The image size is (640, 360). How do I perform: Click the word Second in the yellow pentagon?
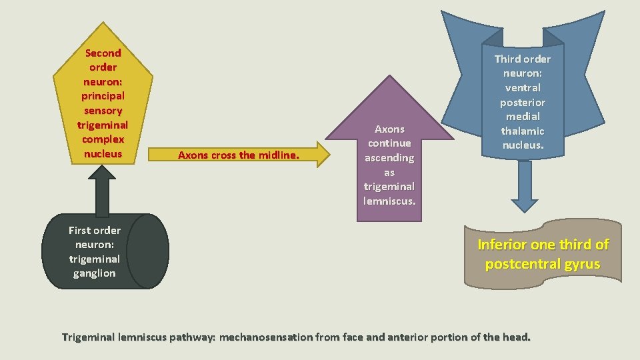103,53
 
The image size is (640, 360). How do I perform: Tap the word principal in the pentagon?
103,96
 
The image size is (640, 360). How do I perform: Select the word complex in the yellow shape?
103,139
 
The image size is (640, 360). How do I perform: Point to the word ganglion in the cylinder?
94,273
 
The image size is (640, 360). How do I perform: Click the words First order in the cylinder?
95,231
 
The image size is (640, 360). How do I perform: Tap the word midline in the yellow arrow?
277,155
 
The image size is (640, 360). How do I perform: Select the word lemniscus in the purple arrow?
389,201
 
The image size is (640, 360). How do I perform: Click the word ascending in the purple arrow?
389,158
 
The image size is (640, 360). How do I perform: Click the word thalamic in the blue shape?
523,131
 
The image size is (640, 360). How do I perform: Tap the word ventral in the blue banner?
523,87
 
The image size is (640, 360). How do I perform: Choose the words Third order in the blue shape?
523,59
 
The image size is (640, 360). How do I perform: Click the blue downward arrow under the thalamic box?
525,187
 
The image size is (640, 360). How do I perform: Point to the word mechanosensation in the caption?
266,337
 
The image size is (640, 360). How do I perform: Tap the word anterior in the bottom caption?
411,337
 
